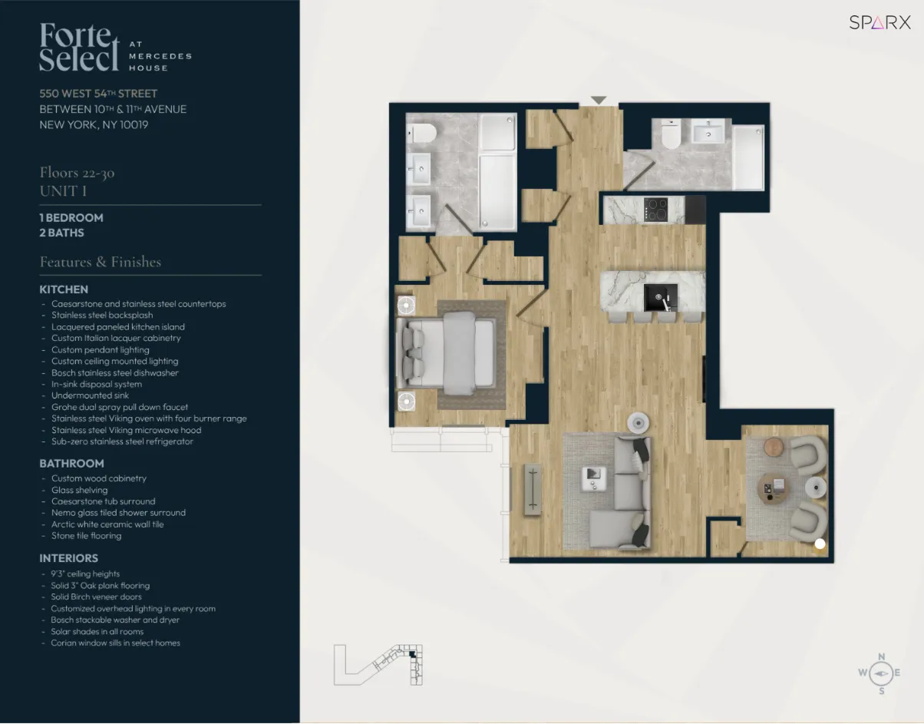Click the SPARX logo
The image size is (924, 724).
pyautogui.click(x=879, y=22)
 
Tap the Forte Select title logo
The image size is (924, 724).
pyautogui.click(x=80, y=47)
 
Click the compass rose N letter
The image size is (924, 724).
pyautogui.click(x=881, y=656)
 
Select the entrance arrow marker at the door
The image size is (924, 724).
pyautogui.click(x=599, y=101)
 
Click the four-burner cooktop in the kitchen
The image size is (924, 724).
pyautogui.click(x=655, y=210)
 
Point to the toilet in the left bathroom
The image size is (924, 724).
pyautogui.click(x=421, y=134)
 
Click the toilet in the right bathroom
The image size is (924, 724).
pyautogui.click(x=671, y=135)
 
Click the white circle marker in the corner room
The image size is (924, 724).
pyautogui.click(x=820, y=544)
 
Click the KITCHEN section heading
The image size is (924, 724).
pyautogui.click(x=64, y=289)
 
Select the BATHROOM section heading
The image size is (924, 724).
pyautogui.click(x=71, y=464)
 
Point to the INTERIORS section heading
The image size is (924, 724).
pyautogui.click(x=69, y=558)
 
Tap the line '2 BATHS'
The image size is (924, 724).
pyautogui.click(x=61, y=233)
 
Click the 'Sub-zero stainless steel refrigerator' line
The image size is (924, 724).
pyautogui.click(x=122, y=441)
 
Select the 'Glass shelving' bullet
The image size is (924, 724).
pyautogui.click(x=79, y=490)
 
